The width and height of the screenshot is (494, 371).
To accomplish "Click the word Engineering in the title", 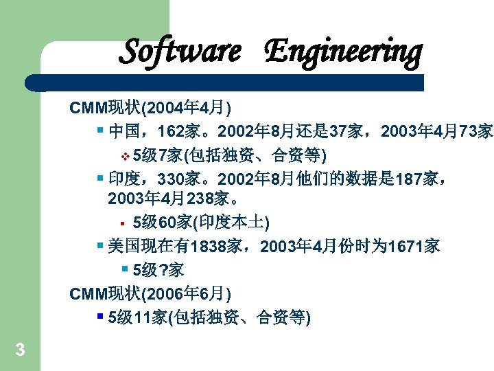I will [x=342, y=52].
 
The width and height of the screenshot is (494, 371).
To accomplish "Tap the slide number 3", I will [x=20, y=350].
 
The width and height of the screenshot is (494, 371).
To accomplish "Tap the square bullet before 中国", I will [x=100, y=131].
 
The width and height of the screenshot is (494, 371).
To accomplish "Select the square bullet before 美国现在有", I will [x=100, y=245].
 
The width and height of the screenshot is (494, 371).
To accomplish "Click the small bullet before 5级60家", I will [x=121, y=223].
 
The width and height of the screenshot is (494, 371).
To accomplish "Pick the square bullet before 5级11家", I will [x=100, y=317].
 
